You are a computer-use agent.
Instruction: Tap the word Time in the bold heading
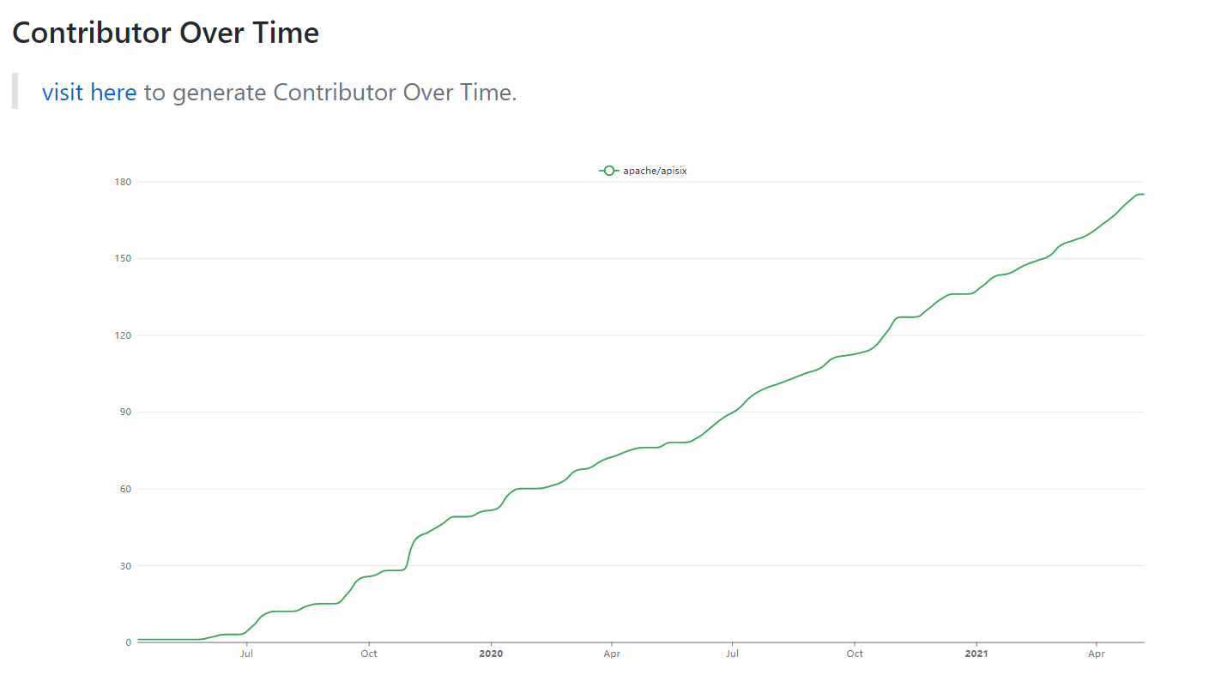tap(283, 33)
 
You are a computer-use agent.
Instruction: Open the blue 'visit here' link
tap(89, 92)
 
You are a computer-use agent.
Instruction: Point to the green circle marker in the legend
tap(608, 171)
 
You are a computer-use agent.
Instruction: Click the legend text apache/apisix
tap(655, 171)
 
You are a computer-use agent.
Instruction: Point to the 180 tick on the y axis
tap(122, 182)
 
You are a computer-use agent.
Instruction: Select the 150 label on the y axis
tap(122, 259)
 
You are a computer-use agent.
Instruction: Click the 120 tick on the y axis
tap(122, 335)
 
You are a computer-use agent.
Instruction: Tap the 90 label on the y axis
tap(124, 413)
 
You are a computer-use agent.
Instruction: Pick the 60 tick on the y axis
tap(124, 489)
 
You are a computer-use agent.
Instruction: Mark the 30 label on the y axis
tap(124, 566)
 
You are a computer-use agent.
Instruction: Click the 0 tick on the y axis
tap(128, 642)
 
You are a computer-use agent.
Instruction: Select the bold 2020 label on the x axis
tap(491, 654)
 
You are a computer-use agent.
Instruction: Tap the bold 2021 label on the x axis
tap(976, 654)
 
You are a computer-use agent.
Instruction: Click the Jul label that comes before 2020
tap(246, 654)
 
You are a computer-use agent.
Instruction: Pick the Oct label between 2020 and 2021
tap(855, 654)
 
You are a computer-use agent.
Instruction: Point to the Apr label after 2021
tap(1097, 654)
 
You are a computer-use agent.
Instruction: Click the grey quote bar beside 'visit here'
tap(15, 91)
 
